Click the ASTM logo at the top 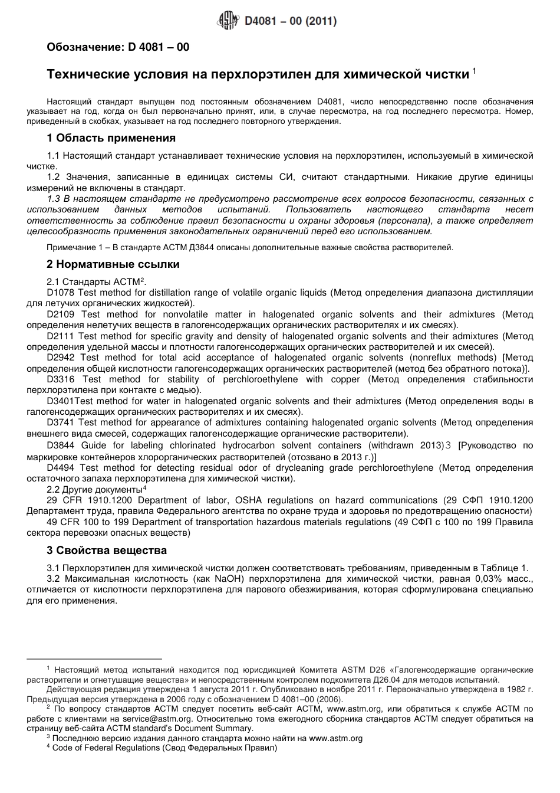click(226, 21)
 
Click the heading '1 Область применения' click(111, 138)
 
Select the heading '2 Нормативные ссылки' click(113, 264)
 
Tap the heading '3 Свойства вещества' click(107, 550)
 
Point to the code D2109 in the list click(61, 314)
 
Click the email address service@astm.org click(158, 719)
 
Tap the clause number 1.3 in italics click(54, 199)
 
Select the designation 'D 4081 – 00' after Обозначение click(159, 47)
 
